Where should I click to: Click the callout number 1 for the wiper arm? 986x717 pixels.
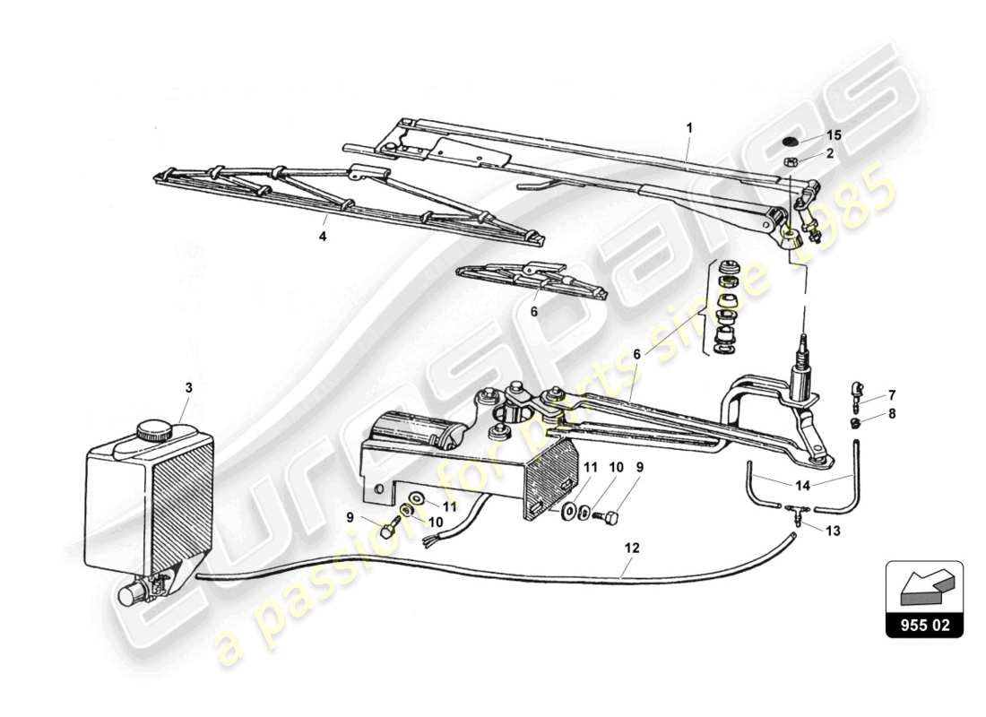[x=689, y=128]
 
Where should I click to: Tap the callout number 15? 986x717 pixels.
[x=834, y=134]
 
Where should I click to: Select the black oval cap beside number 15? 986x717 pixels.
[x=790, y=142]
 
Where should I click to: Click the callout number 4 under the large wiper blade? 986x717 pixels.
[x=323, y=238]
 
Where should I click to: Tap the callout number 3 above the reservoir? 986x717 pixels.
[x=188, y=388]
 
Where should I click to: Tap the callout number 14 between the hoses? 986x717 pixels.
[x=803, y=485]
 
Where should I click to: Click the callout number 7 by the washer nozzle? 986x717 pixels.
[x=867, y=394]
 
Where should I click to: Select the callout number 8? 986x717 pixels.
[x=867, y=413]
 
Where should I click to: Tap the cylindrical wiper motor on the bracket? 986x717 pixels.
[x=413, y=429]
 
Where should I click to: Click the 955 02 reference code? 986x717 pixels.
[x=924, y=626]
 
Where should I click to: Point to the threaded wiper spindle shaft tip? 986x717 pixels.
[x=804, y=341]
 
